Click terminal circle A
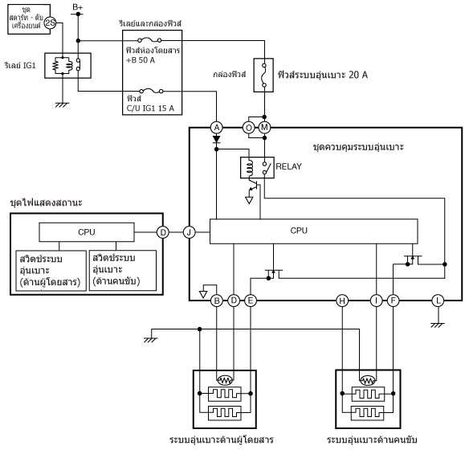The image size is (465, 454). tap(217, 128)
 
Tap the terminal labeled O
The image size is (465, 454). tap(248, 128)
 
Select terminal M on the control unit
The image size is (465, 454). tap(264, 128)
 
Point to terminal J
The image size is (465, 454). tap(189, 232)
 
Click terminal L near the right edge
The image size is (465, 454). tap(438, 301)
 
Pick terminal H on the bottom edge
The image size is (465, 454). tap(342, 301)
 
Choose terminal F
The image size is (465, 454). tap(393, 301)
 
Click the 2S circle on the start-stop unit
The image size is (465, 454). tap(50, 22)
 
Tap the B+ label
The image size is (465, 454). tap(78, 6)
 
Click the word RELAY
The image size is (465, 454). tap(288, 166)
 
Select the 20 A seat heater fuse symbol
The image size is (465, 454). tap(263, 75)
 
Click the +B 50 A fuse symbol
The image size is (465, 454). tap(149, 39)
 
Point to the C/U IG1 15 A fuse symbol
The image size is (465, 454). tap(151, 91)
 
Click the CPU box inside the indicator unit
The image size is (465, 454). tap(87, 232)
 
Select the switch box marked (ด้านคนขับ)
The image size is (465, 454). tap(123, 270)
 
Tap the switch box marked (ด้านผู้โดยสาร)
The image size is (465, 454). tap(51, 271)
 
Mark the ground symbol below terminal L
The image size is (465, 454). tap(438, 325)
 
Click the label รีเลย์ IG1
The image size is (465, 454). tap(20, 65)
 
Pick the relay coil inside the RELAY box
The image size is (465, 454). tap(250, 167)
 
